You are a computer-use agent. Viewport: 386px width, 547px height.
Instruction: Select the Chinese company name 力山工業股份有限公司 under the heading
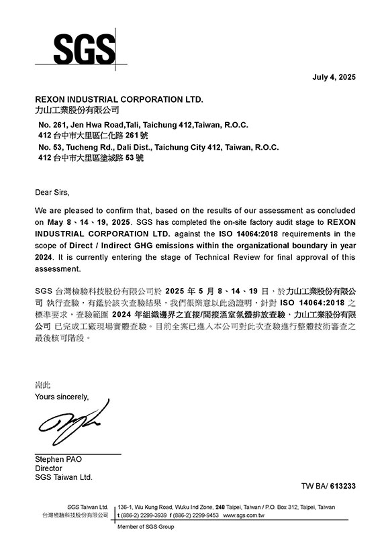(76, 109)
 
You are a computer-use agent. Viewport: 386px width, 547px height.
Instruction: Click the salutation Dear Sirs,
(52, 193)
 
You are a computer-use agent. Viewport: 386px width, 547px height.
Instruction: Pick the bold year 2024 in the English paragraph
(46, 257)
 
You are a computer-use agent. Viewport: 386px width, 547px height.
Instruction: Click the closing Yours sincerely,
(61, 397)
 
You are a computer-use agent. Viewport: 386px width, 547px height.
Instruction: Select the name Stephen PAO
(58, 459)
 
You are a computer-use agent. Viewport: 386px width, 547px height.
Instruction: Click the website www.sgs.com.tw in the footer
(243, 515)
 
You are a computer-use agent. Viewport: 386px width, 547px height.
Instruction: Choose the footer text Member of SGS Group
(146, 527)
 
